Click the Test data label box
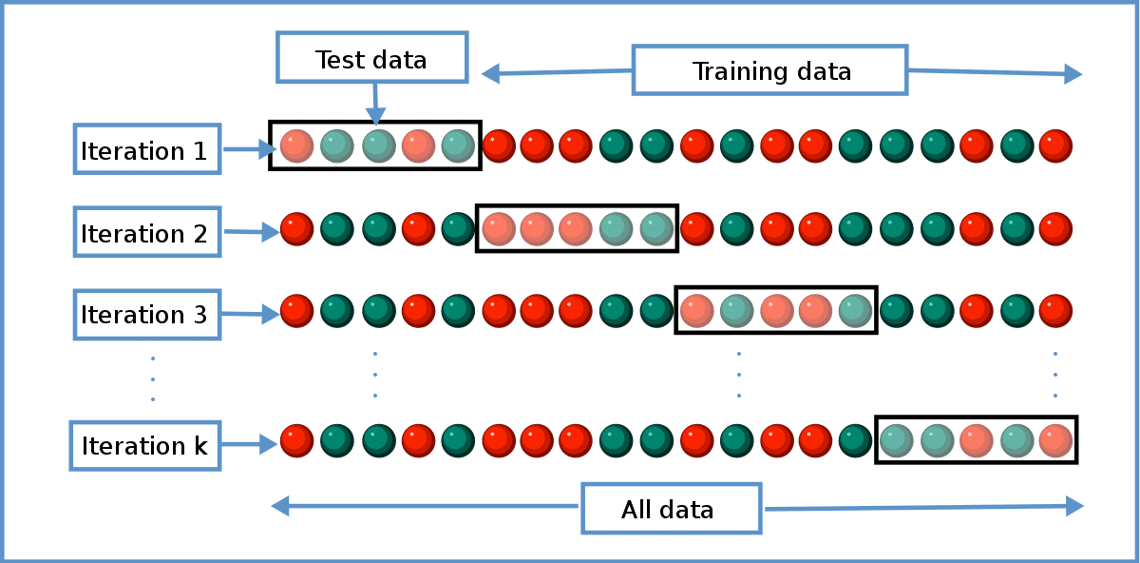371,58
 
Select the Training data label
770,71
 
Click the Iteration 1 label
146,149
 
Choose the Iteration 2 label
146,232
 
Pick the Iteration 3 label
146,314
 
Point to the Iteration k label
145,445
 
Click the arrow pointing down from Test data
375,104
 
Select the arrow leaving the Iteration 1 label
246,149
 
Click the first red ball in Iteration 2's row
296,229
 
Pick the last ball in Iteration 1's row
1055,146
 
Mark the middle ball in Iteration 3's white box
776,311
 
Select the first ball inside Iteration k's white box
896,440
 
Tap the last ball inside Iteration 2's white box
656,229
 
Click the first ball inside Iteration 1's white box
296,146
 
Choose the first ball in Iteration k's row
296,440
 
